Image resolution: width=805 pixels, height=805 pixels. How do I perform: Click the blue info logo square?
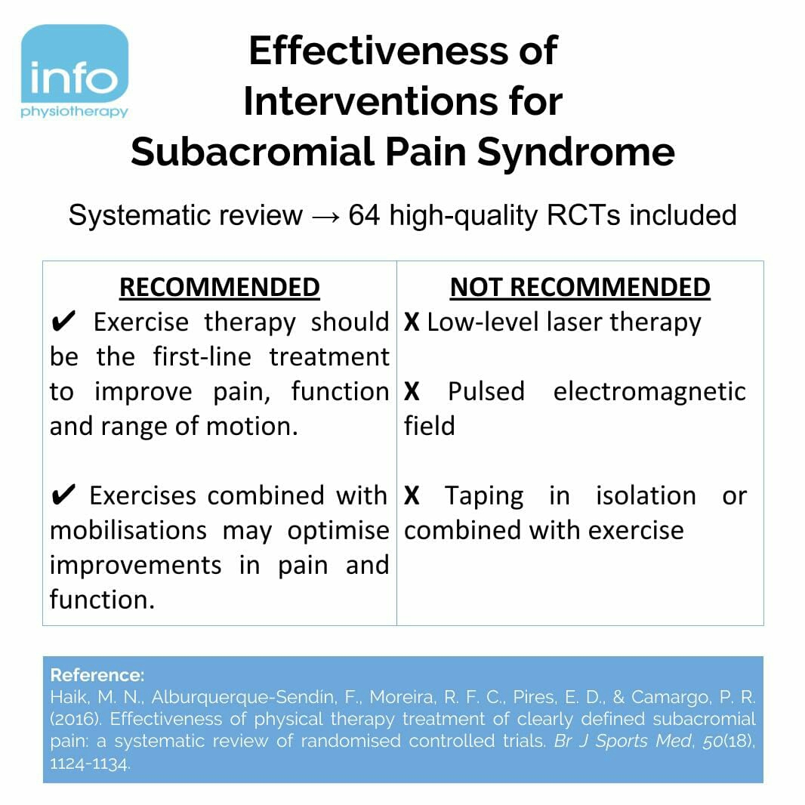click(x=75, y=63)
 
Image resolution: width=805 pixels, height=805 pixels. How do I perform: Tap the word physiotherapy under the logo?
click(x=75, y=113)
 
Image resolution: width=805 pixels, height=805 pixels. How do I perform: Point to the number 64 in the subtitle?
click(x=364, y=215)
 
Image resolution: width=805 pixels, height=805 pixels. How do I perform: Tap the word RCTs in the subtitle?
click(x=583, y=215)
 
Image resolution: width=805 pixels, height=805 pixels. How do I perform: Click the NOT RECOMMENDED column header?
click(x=580, y=288)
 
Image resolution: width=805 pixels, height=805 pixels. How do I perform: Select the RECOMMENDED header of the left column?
click(x=220, y=288)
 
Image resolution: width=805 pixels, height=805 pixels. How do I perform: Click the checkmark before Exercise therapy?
click(x=63, y=322)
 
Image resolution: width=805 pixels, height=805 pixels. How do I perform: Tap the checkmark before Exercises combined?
click(x=63, y=495)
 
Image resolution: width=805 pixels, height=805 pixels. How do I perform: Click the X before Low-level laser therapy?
click(x=412, y=322)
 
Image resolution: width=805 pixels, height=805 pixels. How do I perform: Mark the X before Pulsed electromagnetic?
click(x=412, y=391)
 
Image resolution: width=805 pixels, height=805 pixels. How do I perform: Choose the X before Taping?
click(x=412, y=496)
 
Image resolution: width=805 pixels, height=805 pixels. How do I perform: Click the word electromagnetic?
click(x=649, y=392)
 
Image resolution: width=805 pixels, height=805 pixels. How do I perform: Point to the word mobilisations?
click(x=128, y=530)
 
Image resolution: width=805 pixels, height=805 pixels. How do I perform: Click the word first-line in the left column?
click(x=202, y=356)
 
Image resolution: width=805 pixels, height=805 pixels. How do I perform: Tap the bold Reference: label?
click(x=97, y=674)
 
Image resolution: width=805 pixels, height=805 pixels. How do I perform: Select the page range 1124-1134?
click(x=91, y=764)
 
